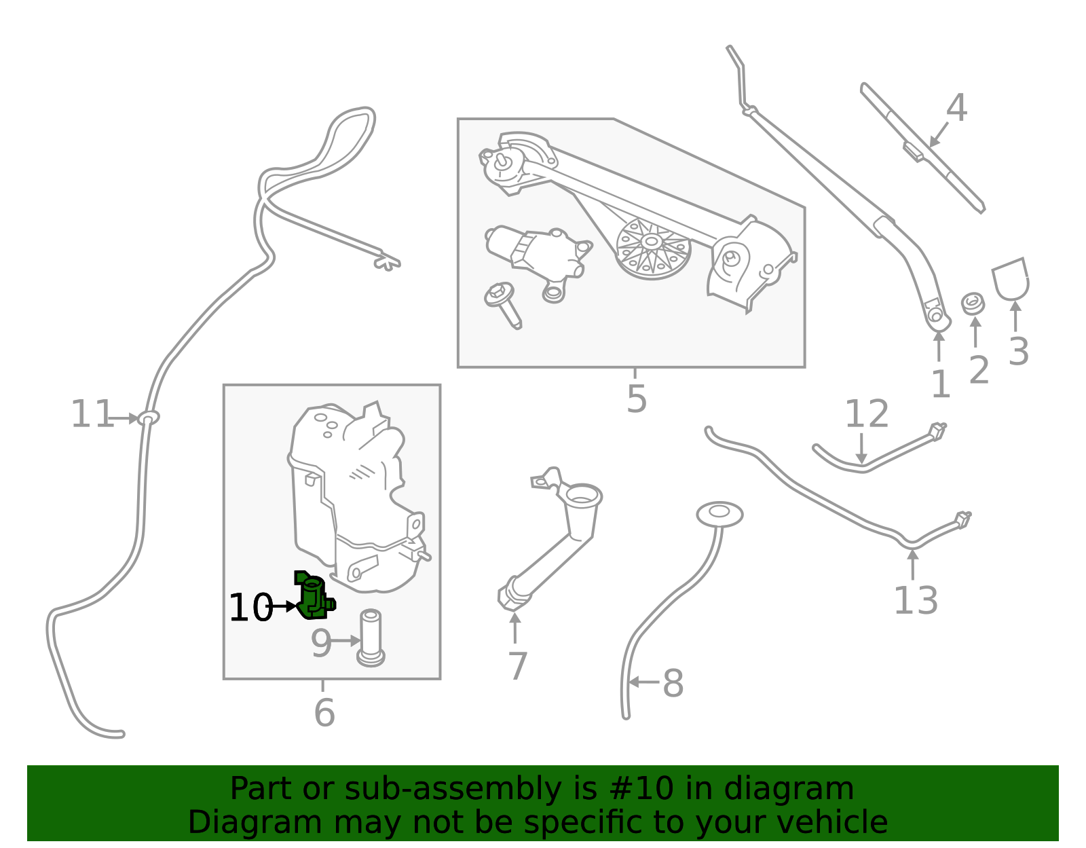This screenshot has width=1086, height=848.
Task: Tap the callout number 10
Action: click(x=250, y=608)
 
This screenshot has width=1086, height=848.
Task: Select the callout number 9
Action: click(x=321, y=643)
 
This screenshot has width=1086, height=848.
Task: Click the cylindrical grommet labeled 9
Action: click(x=371, y=638)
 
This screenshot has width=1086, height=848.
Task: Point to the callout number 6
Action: click(x=324, y=712)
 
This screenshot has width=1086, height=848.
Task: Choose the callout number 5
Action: click(x=636, y=399)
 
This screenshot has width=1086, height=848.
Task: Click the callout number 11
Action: click(x=92, y=414)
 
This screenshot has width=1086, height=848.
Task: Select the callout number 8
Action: click(x=673, y=683)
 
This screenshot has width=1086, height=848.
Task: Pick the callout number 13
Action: click(x=915, y=601)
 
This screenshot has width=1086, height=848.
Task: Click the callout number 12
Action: click(x=866, y=414)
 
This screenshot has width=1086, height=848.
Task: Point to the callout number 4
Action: click(x=956, y=108)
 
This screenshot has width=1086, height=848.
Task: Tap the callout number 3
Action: click(x=1018, y=352)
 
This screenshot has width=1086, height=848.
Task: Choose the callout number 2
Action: click(x=978, y=370)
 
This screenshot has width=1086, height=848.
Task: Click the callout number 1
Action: click(x=940, y=385)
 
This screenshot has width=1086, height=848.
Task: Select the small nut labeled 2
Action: click(x=973, y=303)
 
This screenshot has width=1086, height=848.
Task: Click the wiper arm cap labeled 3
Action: click(x=1011, y=278)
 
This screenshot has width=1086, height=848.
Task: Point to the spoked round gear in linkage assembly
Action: click(x=652, y=249)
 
